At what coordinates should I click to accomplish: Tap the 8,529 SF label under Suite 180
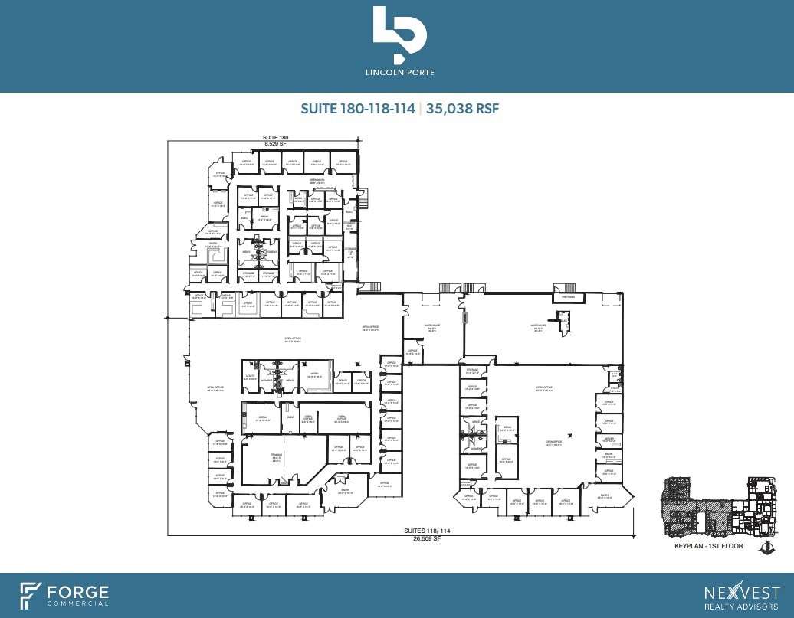[x=275, y=143]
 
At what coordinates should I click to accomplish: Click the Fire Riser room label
[x=568, y=296]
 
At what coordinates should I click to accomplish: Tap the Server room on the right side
[x=609, y=440]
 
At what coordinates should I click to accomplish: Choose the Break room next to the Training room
[x=262, y=419]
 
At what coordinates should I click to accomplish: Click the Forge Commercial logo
[x=64, y=594]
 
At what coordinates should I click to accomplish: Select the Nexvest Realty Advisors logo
[x=741, y=594]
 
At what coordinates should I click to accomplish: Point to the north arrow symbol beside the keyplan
[x=766, y=547]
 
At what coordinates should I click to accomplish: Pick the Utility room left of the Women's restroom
[x=250, y=377]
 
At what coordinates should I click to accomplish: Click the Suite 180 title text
[x=275, y=137]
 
